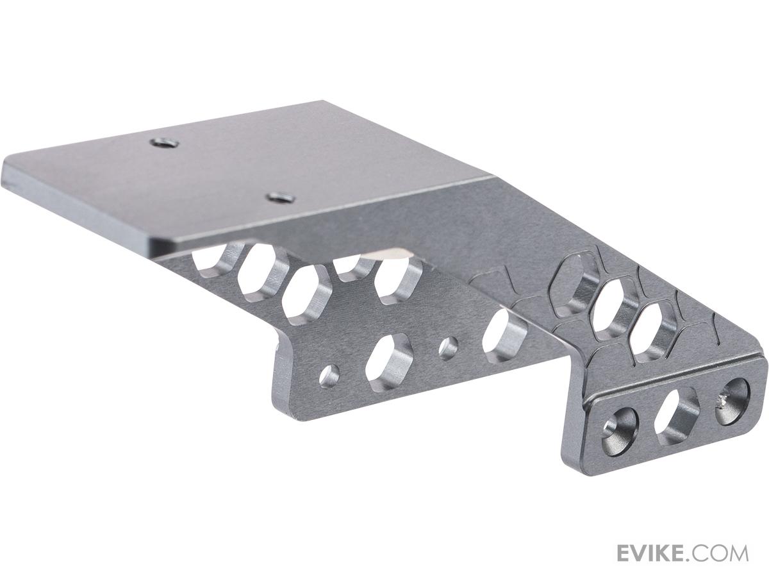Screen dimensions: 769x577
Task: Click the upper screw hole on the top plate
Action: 164,142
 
